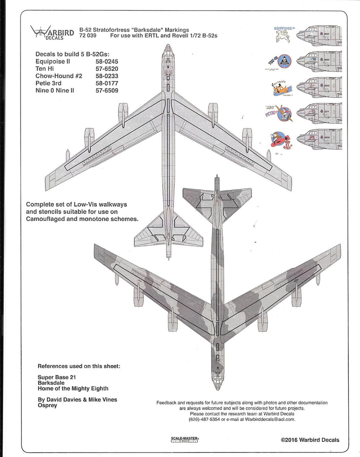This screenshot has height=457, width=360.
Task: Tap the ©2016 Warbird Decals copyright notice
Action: pyautogui.click(x=310, y=440)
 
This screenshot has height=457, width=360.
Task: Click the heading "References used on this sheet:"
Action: pyautogui.click(x=82, y=366)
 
